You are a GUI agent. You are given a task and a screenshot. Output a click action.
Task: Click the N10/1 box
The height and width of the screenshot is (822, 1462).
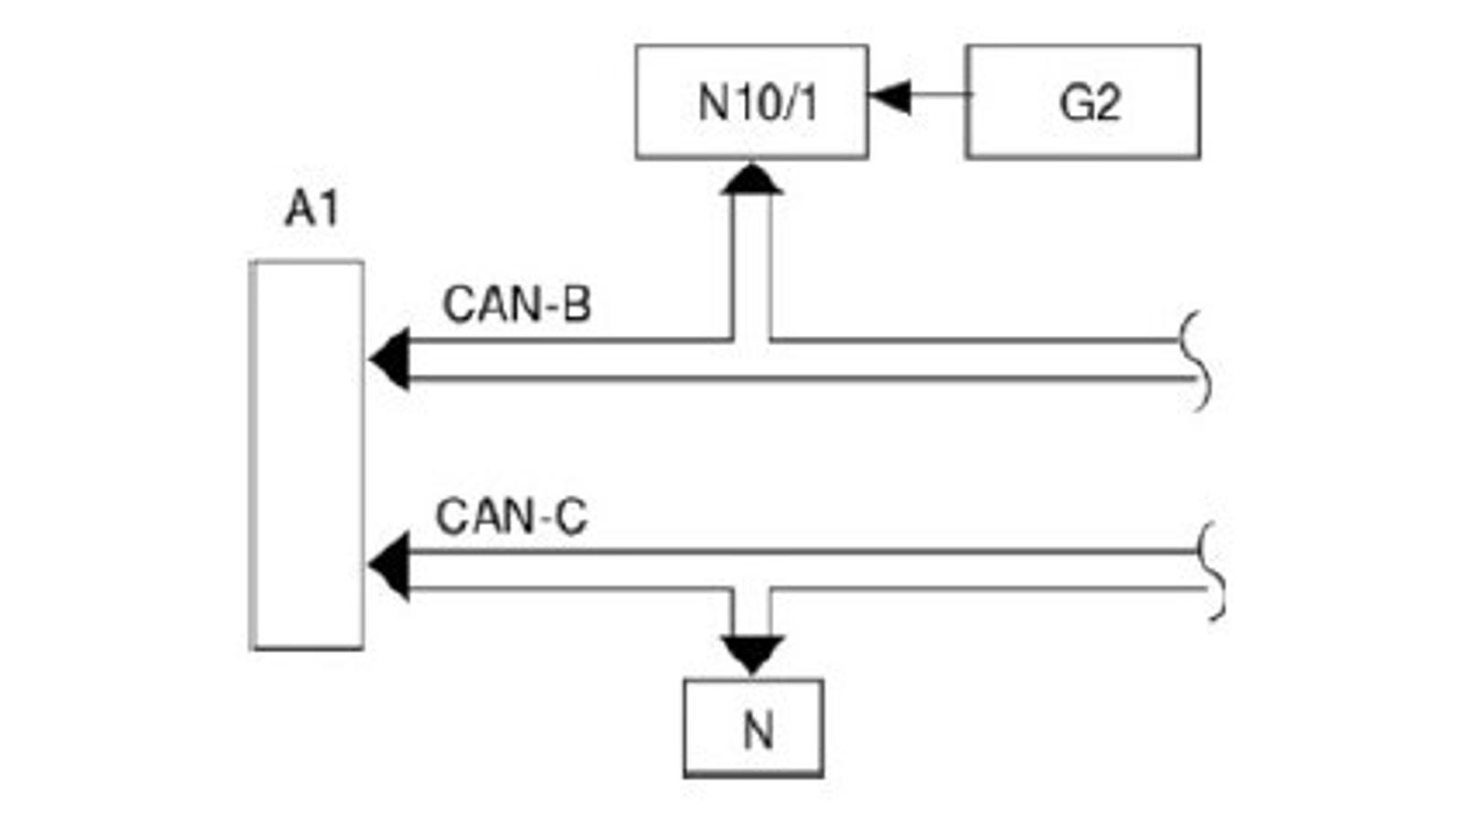[x=751, y=101]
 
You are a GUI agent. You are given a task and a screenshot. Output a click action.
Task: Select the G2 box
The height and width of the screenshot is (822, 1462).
[x=1083, y=101]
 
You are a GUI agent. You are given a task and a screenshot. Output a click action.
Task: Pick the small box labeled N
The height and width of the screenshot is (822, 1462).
[x=753, y=729]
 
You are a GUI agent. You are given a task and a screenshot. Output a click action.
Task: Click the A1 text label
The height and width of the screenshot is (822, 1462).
[x=312, y=209]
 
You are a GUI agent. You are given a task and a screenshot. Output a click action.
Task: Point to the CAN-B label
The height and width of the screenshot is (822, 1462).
[x=516, y=305]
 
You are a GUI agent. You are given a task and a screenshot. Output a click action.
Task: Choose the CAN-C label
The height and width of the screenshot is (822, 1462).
[x=511, y=517]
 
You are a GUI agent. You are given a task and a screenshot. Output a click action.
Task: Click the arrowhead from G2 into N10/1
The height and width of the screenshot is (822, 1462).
[x=890, y=95]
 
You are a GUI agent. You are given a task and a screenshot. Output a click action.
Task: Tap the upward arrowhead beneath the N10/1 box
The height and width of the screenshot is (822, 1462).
[x=751, y=180]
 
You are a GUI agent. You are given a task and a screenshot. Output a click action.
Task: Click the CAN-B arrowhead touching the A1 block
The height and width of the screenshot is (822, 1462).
[x=390, y=360]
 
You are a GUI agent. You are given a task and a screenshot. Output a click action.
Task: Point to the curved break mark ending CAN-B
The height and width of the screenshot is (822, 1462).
[x=1198, y=362]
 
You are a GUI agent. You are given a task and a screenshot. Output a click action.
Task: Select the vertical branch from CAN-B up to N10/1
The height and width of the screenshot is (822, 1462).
[x=751, y=265]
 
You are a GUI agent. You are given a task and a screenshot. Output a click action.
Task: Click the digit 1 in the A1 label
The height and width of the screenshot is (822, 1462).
[x=328, y=209]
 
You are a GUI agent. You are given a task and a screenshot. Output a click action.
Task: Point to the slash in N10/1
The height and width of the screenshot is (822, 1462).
[x=794, y=102]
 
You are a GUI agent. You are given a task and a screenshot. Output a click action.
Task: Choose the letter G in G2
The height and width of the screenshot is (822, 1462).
[x=1074, y=102]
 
